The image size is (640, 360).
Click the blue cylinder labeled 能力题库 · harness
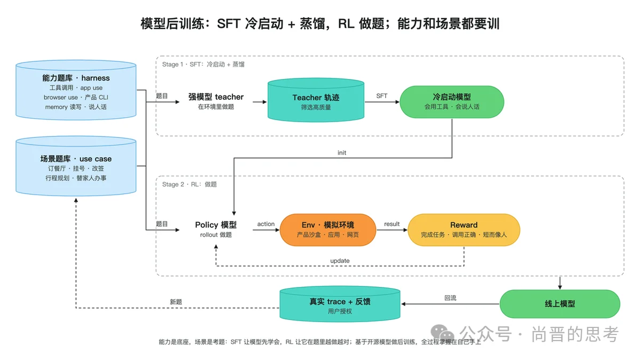pyautogui.click(x=76, y=90)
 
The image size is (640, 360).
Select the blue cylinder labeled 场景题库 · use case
pyautogui.click(x=76, y=166)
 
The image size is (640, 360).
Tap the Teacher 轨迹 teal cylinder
pyautogui.click(x=316, y=100)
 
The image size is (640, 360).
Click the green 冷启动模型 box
pyautogui.click(x=452, y=102)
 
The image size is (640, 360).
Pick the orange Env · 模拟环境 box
pyautogui.click(x=327, y=230)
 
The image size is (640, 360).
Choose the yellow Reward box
pyautogui.click(x=463, y=230)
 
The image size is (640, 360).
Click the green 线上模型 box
pyautogui.click(x=559, y=303)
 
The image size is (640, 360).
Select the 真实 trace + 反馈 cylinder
pyautogui.click(x=340, y=305)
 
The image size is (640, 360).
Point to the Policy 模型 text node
pyautogui.click(x=215, y=229)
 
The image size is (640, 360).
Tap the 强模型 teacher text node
pyautogui.click(x=215, y=101)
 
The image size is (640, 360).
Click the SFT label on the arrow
pyautogui.click(x=382, y=95)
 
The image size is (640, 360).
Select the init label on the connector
pyautogui.click(x=342, y=153)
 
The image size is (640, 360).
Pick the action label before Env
pyautogui.click(x=266, y=224)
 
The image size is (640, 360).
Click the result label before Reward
pyautogui.click(x=391, y=224)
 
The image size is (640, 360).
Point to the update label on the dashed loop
pyautogui.click(x=340, y=261)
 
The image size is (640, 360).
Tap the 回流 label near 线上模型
pyautogui.click(x=450, y=298)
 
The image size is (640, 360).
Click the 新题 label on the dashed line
pyautogui.click(x=175, y=302)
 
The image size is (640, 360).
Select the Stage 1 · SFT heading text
pyautogui.click(x=203, y=65)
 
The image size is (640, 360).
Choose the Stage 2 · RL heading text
pyautogui.click(x=189, y=185)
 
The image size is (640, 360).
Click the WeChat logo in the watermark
pyautogui.click(x=442, y=333)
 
